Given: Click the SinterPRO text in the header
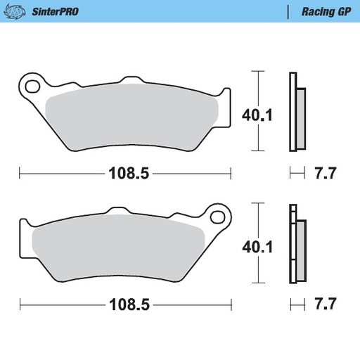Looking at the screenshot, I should (54, 11).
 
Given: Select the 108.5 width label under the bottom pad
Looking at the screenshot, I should (128, 306).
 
